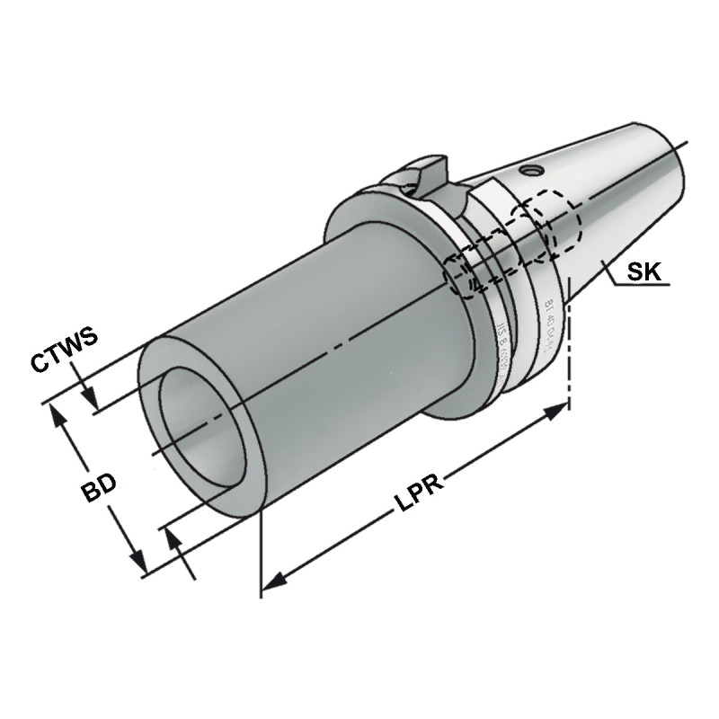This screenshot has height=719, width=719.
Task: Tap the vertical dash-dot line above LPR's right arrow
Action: click(569, 351)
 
